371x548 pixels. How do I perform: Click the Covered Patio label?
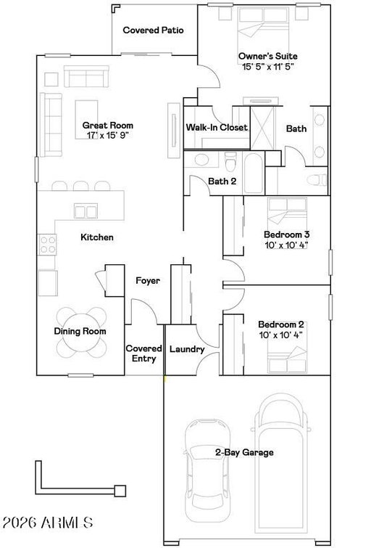point(153,30)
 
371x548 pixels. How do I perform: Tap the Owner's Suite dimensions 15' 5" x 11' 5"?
point(268,66)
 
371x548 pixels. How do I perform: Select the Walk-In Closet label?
point(217,128)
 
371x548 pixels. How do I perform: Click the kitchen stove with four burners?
point(48,245)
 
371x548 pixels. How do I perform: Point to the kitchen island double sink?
point(86,211)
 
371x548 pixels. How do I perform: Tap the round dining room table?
point(82,332)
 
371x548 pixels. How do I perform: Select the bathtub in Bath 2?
point(253,173)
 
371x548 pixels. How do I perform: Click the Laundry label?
point(187,349)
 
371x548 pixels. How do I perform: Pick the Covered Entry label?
point(143,353)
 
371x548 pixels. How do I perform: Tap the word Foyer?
point(148,281)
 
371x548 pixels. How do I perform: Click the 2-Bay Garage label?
point(244,453)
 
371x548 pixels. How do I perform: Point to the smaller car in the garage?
point(208,471)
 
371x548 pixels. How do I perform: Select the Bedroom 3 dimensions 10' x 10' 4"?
point(286,245)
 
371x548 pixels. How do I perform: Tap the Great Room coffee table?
point(86,120)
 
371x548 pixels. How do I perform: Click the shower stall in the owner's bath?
point(262,128)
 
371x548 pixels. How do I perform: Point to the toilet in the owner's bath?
point(317,180)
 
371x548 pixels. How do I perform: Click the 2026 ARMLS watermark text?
point(48,523)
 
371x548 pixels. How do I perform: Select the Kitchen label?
point(97,237)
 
